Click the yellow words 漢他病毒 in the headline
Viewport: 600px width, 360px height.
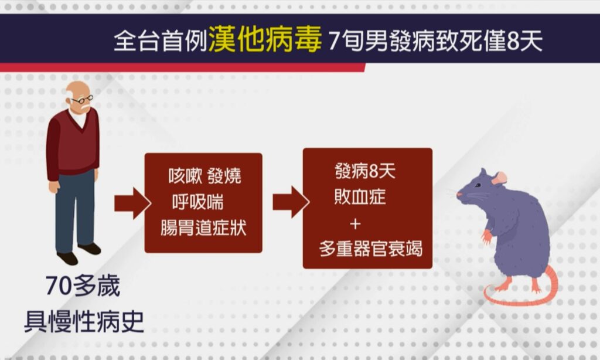click(265, 39)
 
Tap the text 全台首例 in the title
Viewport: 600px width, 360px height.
click(161, 40)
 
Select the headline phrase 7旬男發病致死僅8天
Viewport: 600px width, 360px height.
click(435, 40)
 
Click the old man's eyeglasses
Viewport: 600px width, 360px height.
click(82, 100)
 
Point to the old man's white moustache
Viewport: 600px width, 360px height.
click(85, 107)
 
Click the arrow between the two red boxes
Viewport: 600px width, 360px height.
click(291, 202)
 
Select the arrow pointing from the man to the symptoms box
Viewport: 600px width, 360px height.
click(132, 203)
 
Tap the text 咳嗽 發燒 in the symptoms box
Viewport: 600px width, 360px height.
click(204, 176)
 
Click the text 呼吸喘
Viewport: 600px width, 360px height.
click(197, 202)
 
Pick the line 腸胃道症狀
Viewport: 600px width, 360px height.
click(203, 227)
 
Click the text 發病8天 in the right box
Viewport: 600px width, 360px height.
click(364, 171)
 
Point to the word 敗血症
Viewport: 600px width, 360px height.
click(360, 197)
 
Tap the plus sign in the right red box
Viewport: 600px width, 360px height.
click(355, 223)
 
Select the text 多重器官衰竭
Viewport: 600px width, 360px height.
click(371, 249)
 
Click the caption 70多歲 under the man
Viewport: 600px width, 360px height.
click(83, 286)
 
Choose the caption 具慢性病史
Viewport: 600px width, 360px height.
click(84, 321)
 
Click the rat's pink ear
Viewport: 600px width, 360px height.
click(499, 178)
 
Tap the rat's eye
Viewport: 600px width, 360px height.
click(478, 186)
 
